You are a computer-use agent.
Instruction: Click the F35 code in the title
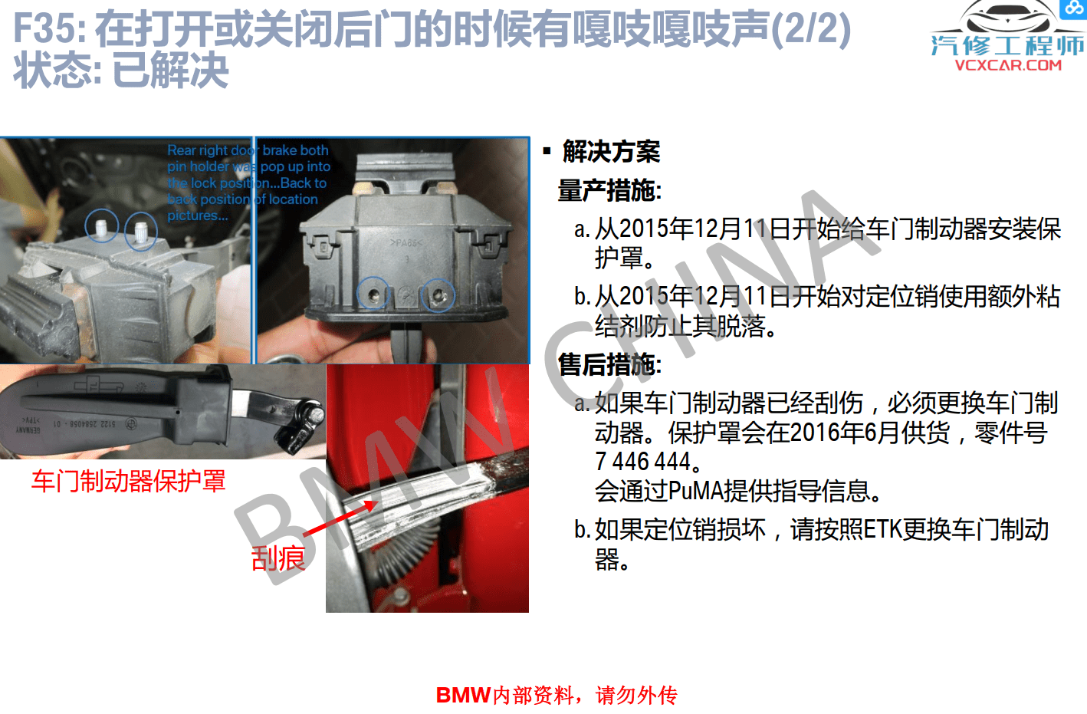pos(48,29)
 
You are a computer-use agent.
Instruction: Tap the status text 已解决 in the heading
pos(170,71)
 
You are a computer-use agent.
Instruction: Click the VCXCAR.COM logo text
pos(1008,65)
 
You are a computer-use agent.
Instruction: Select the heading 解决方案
pos(611,151)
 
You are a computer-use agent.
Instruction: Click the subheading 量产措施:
pos(609,190)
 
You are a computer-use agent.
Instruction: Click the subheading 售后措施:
pos(609,364)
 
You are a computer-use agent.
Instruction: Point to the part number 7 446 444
pos(642,462)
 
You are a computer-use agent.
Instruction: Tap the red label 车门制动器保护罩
pos(128,481)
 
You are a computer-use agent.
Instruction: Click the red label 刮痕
pos(277,558)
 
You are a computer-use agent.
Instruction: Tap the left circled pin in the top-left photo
pos(101,225)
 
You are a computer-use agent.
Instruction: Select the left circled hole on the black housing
pos(373,293)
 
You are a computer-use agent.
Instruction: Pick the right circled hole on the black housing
pos(438,294)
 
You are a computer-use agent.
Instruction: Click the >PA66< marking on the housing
pos(406,243)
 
